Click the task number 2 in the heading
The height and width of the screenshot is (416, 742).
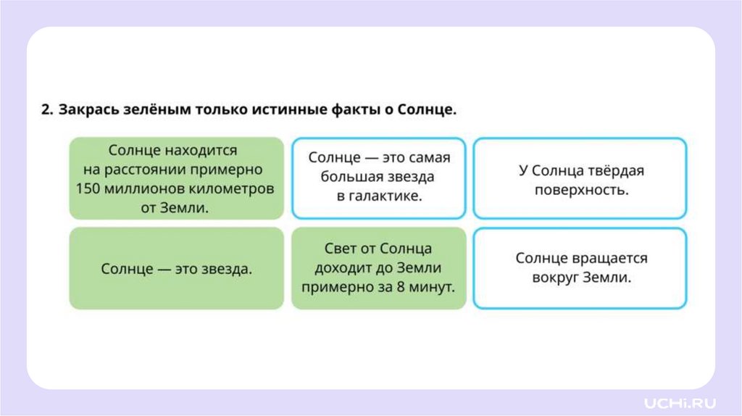click(x=46, y=110)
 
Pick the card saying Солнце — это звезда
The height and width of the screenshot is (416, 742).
click(x=176, y=269)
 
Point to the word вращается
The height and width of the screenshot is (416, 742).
click(x=614, y=259)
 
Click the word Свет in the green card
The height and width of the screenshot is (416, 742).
click(x=341, y=249)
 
